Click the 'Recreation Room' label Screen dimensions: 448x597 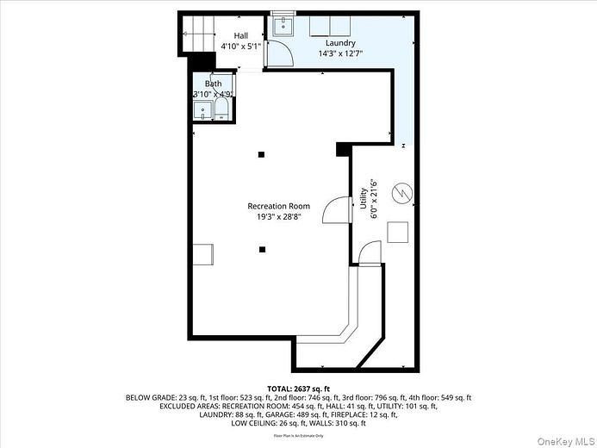point(278,206)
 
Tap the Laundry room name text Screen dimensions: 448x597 point(339,42)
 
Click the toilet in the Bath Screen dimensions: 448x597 point(221,108)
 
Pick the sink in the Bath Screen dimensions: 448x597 point(202,109)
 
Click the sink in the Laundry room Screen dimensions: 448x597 point(283,26)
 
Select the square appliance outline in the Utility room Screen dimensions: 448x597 point(397,233)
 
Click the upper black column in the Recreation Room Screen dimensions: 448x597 point(262,155)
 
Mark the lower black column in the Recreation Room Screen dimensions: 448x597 point(262,250)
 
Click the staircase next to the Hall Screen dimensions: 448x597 point(196,34)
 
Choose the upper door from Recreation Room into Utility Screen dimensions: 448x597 point(339,209)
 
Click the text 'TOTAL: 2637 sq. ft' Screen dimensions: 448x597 point(298,389)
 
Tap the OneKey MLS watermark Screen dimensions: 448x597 point(561,439)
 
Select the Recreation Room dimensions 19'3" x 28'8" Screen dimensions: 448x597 point(278,217)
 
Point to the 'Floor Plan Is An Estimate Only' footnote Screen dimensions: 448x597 point(298,436)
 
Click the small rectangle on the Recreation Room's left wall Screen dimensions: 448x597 point(202,254)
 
